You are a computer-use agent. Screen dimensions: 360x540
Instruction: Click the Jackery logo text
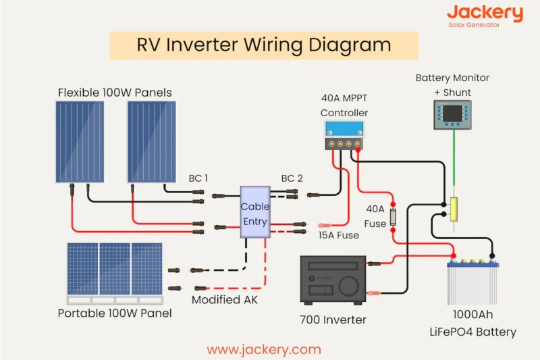(x=485, y=13)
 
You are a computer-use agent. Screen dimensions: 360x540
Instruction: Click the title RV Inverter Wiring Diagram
(x=264, y=45)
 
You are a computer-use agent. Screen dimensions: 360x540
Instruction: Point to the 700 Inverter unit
(x=332, y=279)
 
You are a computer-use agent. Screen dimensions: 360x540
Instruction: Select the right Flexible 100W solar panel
(x=151, y=141)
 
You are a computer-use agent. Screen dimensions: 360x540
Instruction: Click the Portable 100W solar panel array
(x=115, y=269)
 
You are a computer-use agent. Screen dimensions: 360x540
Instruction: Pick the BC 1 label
(x=198, y=179)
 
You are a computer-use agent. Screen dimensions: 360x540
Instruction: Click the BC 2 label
(x=292, y=179)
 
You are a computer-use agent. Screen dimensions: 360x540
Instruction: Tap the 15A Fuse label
(x=339, y=235)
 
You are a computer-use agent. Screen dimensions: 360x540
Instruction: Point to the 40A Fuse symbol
(x=393, y=217)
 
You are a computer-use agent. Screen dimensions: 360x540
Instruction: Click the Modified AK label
(x=225, y=299)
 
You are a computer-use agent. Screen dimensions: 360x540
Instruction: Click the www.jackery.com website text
(x=264, y=349)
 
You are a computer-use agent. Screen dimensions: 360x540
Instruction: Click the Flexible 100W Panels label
(x=115, y=92)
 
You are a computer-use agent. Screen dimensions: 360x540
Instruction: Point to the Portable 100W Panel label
(x=115, y=313)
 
